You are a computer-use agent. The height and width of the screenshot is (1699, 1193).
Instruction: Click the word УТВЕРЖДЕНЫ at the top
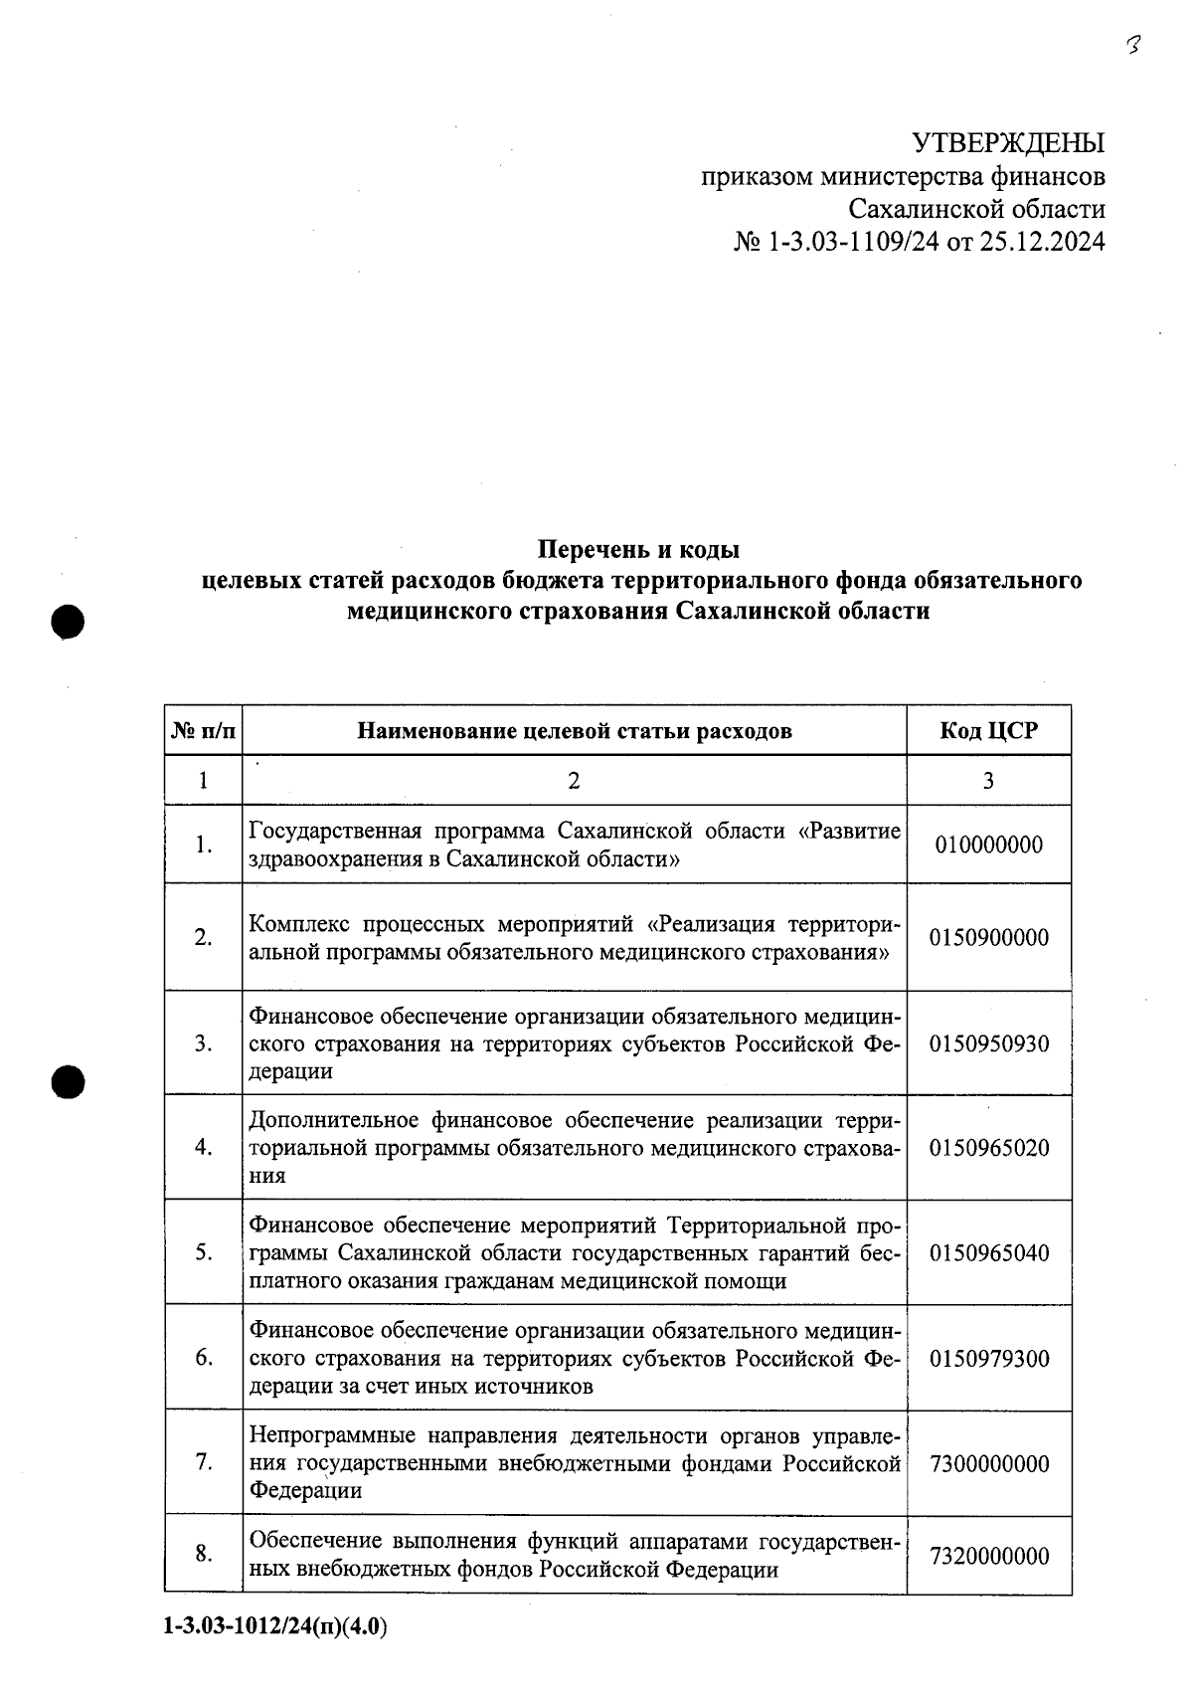tap(1008, 143)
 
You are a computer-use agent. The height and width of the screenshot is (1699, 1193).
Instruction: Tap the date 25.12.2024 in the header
tap(1042, 242)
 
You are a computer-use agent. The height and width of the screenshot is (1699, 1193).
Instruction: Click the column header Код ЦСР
tap(988, 731)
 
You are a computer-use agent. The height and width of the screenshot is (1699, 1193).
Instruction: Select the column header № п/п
tap(204, 731)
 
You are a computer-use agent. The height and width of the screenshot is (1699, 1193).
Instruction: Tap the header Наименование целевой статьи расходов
tap(575, 731)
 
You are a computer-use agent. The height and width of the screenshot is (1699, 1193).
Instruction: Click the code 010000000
tap(988, 845)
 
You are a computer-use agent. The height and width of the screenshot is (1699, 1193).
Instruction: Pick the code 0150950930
tap(988, 1043)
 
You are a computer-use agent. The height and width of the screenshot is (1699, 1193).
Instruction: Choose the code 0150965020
tap(988, 1148)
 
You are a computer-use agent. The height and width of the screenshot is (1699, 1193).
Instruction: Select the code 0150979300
tap(988, 1359)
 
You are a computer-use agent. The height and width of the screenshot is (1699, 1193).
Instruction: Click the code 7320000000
tap(988, 1556)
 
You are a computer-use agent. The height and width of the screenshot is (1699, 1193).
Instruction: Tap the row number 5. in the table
tap(204, 1253)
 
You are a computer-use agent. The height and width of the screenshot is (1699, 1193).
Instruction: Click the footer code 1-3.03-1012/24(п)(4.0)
tap(274, 1627)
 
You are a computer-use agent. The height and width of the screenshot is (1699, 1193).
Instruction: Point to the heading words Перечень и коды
tap(638, 549)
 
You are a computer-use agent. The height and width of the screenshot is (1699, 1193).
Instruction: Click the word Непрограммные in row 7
tap(332, 1436)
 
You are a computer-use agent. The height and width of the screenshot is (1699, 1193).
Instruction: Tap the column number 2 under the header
tap(574, 781)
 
